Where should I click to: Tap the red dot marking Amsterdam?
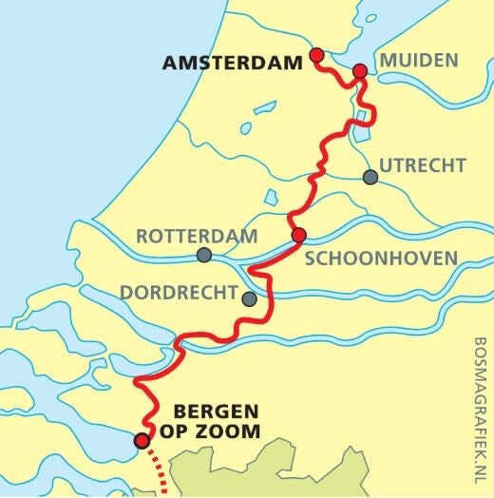(x=316, y=55)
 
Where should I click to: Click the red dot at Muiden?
(x=360, y=71)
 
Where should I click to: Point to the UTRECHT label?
(x=423, y=166)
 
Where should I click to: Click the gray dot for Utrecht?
(x=370, y=177)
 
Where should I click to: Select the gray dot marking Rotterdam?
(x=204, y=255)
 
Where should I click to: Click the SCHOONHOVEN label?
(x=394, y=258)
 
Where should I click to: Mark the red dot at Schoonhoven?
(x=298, y=236)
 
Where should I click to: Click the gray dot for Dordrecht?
(x=249, y=299)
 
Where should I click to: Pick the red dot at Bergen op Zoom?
(x=142, y=440)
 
